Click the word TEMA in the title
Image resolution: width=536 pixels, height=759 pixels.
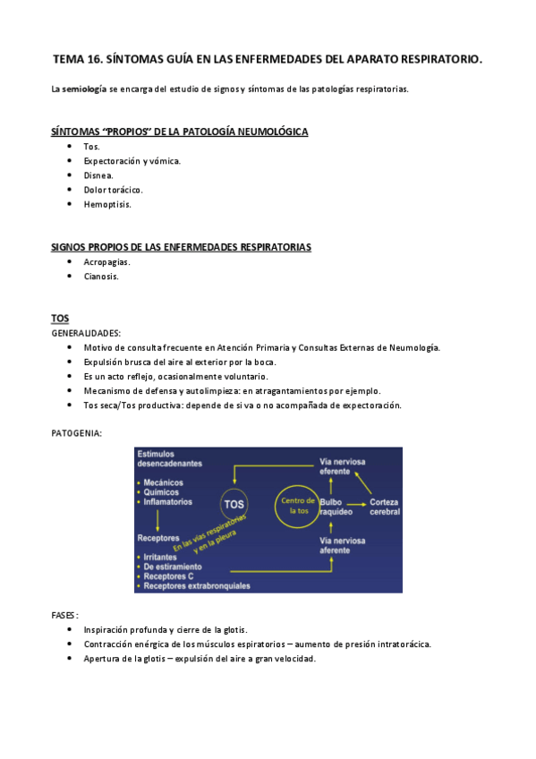point(67,59)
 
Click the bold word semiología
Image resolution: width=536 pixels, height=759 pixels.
point(84,89)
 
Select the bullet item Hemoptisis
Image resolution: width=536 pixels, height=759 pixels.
point(107,204)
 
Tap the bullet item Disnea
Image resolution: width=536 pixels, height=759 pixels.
point(98,175)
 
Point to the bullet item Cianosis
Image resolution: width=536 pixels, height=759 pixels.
point(101,277)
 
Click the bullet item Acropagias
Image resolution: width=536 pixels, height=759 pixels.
point(106,262)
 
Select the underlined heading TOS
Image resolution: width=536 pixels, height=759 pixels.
point(60,319)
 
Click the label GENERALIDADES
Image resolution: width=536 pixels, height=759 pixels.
point(86,333)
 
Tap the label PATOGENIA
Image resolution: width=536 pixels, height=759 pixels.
point(76,433)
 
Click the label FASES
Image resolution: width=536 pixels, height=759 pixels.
point(64,616)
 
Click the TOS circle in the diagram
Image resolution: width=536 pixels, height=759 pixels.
point(234,504)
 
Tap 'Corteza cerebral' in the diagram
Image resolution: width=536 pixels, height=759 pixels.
point(385,507)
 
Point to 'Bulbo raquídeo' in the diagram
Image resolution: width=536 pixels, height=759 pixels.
point(336,507)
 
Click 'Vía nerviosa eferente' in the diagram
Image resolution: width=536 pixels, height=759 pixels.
point(342,466)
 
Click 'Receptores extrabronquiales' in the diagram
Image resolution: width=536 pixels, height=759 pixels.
point(197,586)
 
